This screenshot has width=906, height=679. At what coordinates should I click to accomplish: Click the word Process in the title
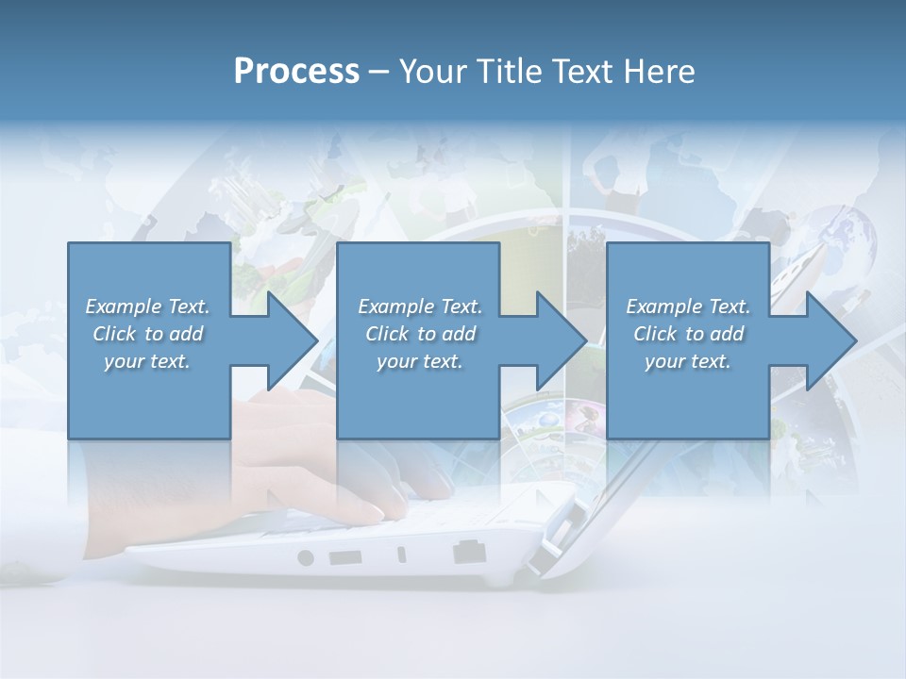[x=296, y=72]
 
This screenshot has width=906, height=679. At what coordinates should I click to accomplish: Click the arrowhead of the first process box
[x=294, y=340]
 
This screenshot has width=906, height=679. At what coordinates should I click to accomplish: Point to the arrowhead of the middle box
[x=562, y=340]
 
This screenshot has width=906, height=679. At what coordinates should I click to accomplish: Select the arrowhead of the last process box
[x=831, y=340]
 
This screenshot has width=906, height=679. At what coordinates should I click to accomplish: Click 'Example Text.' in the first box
[x=147, y=306]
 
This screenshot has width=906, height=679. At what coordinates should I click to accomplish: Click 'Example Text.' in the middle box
[x=420, y=306]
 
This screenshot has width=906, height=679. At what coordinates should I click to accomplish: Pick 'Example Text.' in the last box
[x=688, y=306]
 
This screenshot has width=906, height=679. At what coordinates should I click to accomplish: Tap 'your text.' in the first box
[x=147, y=361]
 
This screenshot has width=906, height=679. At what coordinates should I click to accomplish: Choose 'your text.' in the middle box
[x=420, y=361]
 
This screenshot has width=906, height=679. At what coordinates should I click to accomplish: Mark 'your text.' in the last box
[x=688, y=361]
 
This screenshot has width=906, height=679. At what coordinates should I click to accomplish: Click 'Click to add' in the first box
[x=147, y=334]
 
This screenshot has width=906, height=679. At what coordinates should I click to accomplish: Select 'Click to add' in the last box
[x=688, y=334]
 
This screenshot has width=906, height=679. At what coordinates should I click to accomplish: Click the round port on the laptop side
[x=305, y=557]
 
